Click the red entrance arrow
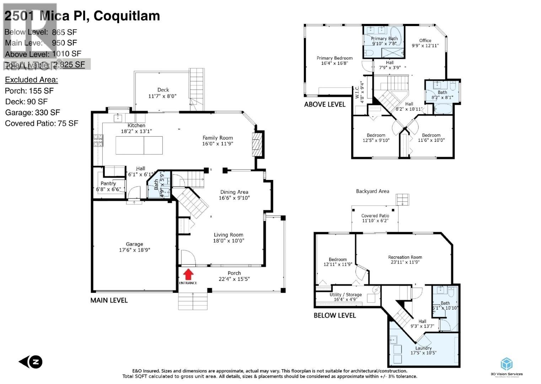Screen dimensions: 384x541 click(188, 274)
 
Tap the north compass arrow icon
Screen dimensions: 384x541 click(31, 362)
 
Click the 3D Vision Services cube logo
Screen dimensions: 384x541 click(507, 364)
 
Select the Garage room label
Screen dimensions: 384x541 click(134, 244)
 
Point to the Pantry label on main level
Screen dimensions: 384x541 click(108, 183)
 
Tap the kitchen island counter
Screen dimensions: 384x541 click(139, 145)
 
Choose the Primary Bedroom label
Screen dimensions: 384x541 click(334, 58)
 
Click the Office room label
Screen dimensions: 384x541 click(425, 41)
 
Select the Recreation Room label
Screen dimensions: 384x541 click(405, 257)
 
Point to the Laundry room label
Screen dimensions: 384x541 click(423, 348)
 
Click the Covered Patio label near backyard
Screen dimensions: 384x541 click(375, 215)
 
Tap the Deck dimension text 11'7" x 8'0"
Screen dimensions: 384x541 click(162, 96)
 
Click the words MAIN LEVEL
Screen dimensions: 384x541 click(109, 300)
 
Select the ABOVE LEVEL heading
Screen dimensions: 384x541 click(325, 105)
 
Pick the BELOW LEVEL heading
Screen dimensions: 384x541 click(334, 315)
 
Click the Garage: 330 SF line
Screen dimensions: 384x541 click(33, 113)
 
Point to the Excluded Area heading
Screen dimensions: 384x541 click(31, 80)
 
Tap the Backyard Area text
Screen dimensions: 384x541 click(373, 191)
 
